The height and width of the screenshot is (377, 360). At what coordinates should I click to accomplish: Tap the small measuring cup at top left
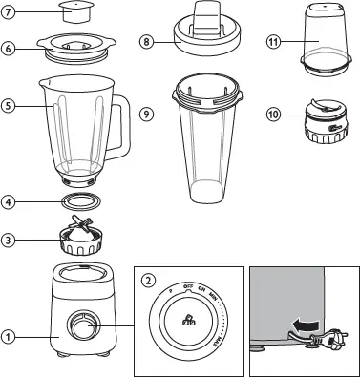73,13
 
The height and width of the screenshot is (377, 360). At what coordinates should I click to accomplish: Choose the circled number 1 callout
8,335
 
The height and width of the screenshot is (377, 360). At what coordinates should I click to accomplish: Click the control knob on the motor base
74,328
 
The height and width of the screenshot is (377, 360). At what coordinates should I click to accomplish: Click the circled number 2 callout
148,280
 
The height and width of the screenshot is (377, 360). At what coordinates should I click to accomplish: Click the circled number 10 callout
274,115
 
